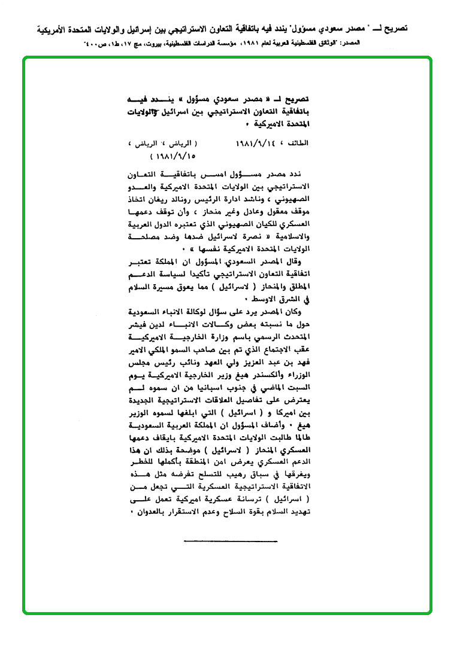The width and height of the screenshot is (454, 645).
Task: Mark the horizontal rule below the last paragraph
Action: tap(231, 541)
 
